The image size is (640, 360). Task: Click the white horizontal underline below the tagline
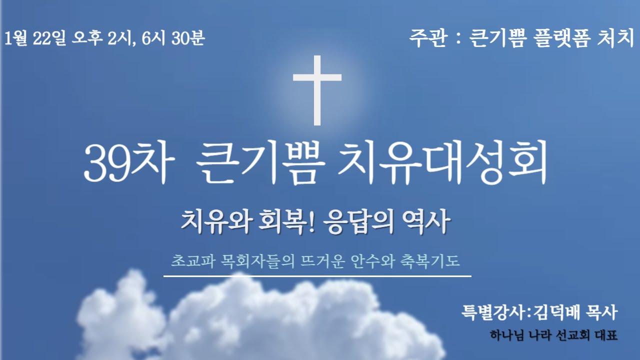tap(317, 275)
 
